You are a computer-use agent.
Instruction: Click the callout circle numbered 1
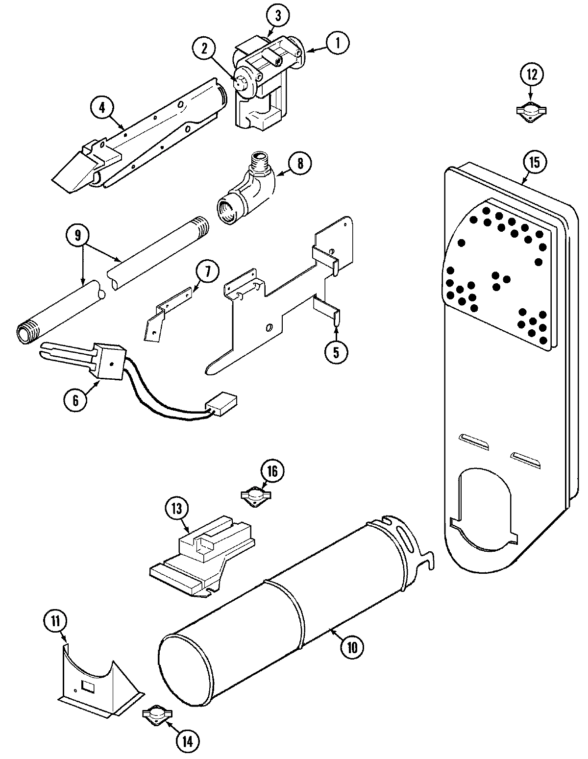pos(336,44)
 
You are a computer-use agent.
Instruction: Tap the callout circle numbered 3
pos(277,16)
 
